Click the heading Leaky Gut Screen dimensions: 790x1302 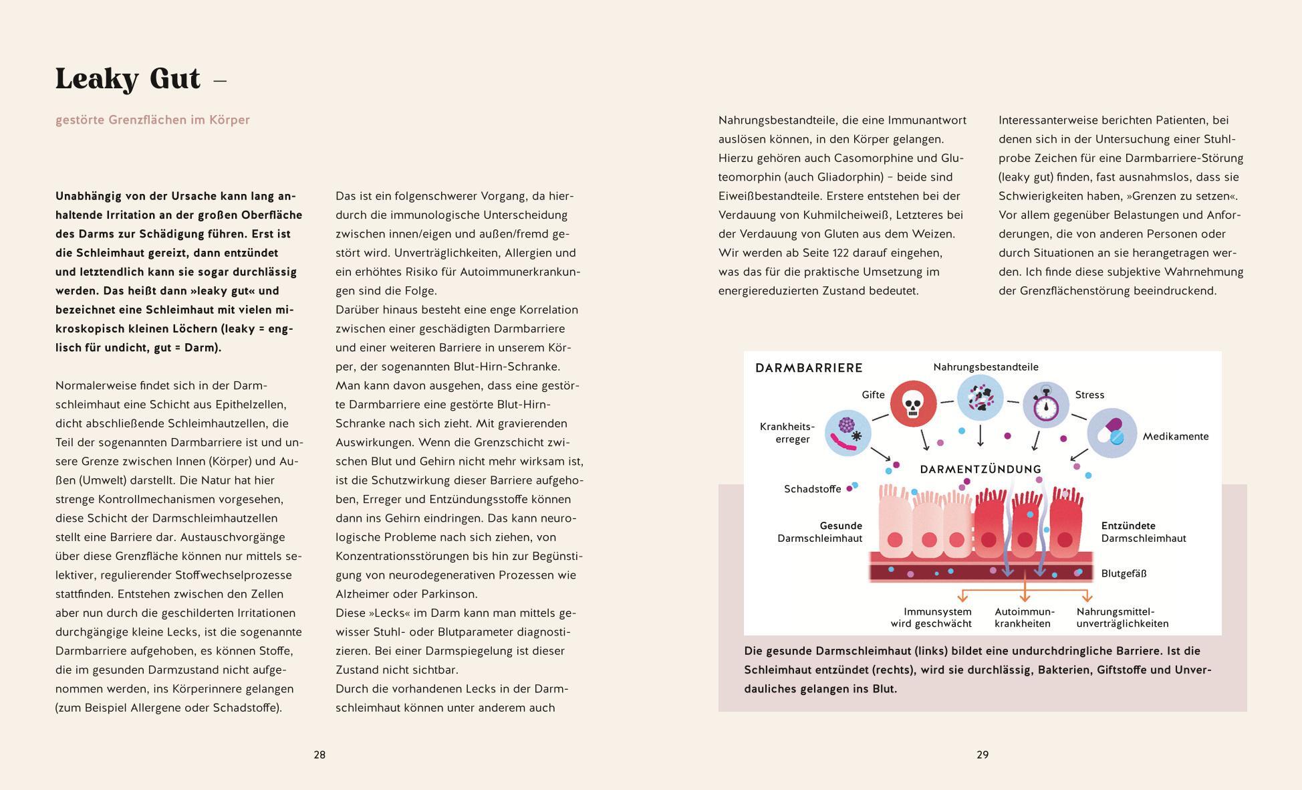[128, 79]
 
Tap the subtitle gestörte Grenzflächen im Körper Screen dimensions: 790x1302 [152, 120]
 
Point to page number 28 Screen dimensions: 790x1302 [319, 755]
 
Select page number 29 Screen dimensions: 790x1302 [983, 755]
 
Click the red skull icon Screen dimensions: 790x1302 [913, 403]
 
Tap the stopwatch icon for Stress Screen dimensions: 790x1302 [1046, 405]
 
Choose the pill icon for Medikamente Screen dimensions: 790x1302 [1112, 433]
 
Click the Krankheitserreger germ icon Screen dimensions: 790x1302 [848, 433]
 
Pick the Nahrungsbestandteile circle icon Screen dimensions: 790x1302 [981, 397]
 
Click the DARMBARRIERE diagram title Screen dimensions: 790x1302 [809, 368]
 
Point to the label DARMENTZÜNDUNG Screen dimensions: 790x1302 [981, 470]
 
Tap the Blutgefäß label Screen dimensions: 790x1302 [1124, 573]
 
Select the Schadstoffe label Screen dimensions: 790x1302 [812, 489]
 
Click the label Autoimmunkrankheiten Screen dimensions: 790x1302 [1024, 617]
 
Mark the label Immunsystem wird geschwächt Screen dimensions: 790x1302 [931, 617]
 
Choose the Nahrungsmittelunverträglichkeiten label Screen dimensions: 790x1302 [1122, 617]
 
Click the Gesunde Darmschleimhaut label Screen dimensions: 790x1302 [820, 532]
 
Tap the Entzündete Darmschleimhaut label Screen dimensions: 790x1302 [1144, 532]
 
